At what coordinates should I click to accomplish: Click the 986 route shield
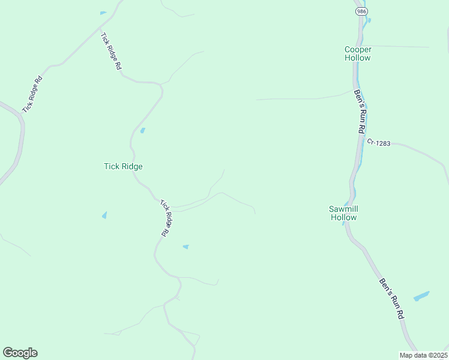361,11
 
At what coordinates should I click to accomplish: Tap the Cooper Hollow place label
358,53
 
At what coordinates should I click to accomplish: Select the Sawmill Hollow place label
343,213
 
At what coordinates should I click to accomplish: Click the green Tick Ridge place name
123,166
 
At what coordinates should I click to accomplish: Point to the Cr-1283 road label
379,142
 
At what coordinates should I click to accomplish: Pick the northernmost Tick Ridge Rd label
111,53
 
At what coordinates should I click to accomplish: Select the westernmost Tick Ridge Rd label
32,94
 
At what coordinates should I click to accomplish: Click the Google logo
20,353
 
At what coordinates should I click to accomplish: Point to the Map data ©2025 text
423,355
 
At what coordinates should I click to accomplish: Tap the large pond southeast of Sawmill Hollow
421,296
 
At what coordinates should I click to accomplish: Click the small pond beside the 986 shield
369,20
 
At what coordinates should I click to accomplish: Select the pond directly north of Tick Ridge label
142,130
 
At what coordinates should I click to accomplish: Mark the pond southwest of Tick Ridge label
104,215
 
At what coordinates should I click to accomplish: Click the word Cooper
358,49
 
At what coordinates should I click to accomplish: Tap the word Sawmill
343,209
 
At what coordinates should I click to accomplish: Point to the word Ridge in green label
131,166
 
